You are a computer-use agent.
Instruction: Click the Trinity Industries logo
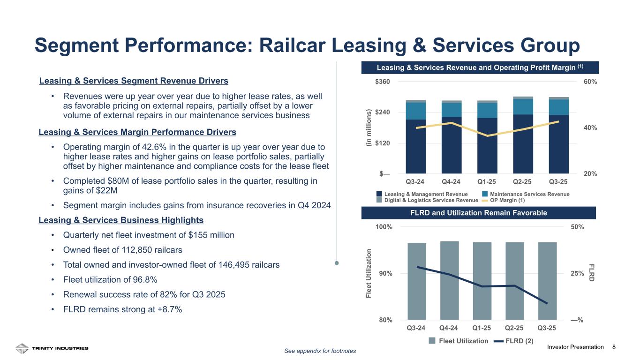point(52,348)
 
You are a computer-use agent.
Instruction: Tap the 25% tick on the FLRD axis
point(577,273)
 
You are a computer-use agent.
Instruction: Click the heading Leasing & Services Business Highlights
point(121,220)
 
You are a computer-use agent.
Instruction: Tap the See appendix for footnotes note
point(320,351)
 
